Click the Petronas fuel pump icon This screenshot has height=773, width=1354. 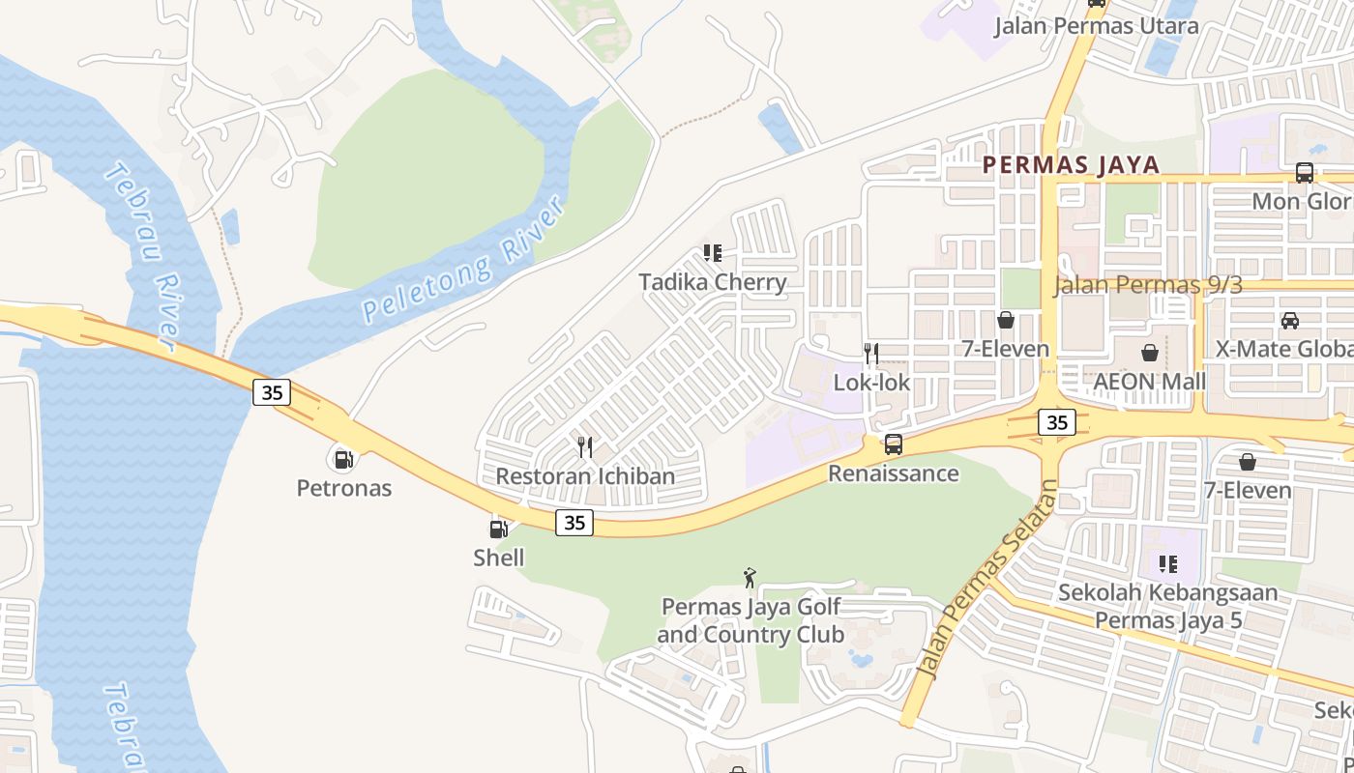(x=342, y=459)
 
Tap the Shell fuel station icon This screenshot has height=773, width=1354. (x=499, y=529)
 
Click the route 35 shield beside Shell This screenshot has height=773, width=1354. (x=574, y=523)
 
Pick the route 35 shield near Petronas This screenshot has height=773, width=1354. (x=273, y=391)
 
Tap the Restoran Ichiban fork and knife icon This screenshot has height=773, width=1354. (x=584, y=446)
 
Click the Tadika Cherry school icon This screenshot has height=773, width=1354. (x=713, y=254)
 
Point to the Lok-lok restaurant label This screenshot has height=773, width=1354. (x=871, y=383)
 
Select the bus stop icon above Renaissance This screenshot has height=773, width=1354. (x=894, y=444)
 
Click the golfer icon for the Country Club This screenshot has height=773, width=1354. (x=750, y=578)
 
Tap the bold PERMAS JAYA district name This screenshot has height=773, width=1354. (x=1071, y=164)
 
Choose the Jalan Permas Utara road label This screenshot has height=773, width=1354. (x=1097, y=26)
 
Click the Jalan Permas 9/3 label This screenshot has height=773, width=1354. (x=1147, y=284)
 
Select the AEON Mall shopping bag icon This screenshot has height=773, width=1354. (x=1150, y=353)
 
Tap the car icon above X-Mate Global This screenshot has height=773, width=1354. (x=1289, y=320)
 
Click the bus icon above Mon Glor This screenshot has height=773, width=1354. (x=1304, y=173)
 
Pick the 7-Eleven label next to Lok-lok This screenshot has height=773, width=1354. (x=1005, y=349)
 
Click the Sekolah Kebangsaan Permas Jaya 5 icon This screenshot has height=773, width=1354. (x=1168, y=563)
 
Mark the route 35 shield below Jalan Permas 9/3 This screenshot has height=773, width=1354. (x=1057, y=422)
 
